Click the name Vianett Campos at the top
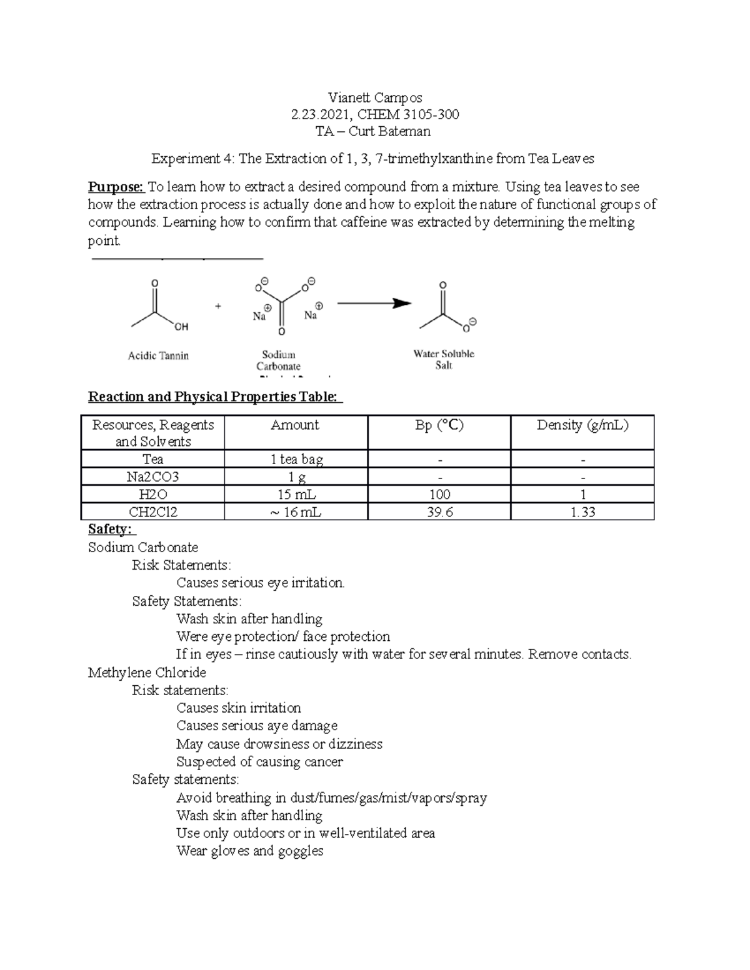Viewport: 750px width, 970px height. [x=375, y=97]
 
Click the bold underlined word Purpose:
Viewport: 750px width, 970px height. [x=116, y=187]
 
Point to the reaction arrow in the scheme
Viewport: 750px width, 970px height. [x=374, y=304]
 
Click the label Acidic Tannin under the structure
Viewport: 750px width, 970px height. [x=158, y=355]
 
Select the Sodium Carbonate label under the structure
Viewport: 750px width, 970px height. [x=278, y=360]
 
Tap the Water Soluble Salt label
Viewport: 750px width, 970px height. [x=444, y=359]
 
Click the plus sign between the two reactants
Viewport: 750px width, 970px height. [x=218, y=306]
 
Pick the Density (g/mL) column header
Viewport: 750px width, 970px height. [x=582, y=425]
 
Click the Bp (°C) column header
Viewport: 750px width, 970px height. [x=439, y=425]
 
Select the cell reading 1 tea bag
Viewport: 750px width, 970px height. [x=296, y=460]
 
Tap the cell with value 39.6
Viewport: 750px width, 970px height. [x=439, y=512]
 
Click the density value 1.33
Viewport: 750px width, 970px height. [x=582, y=512]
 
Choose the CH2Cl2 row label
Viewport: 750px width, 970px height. [x=153, y=512]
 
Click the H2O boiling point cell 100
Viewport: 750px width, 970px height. [x=439, y=495]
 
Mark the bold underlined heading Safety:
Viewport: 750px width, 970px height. [x=110, y=529]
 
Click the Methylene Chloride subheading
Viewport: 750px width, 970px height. [x=147, y=673]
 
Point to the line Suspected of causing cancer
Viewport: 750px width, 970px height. [x=259, y=762]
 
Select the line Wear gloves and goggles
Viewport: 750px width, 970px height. [x=250, y=851]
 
